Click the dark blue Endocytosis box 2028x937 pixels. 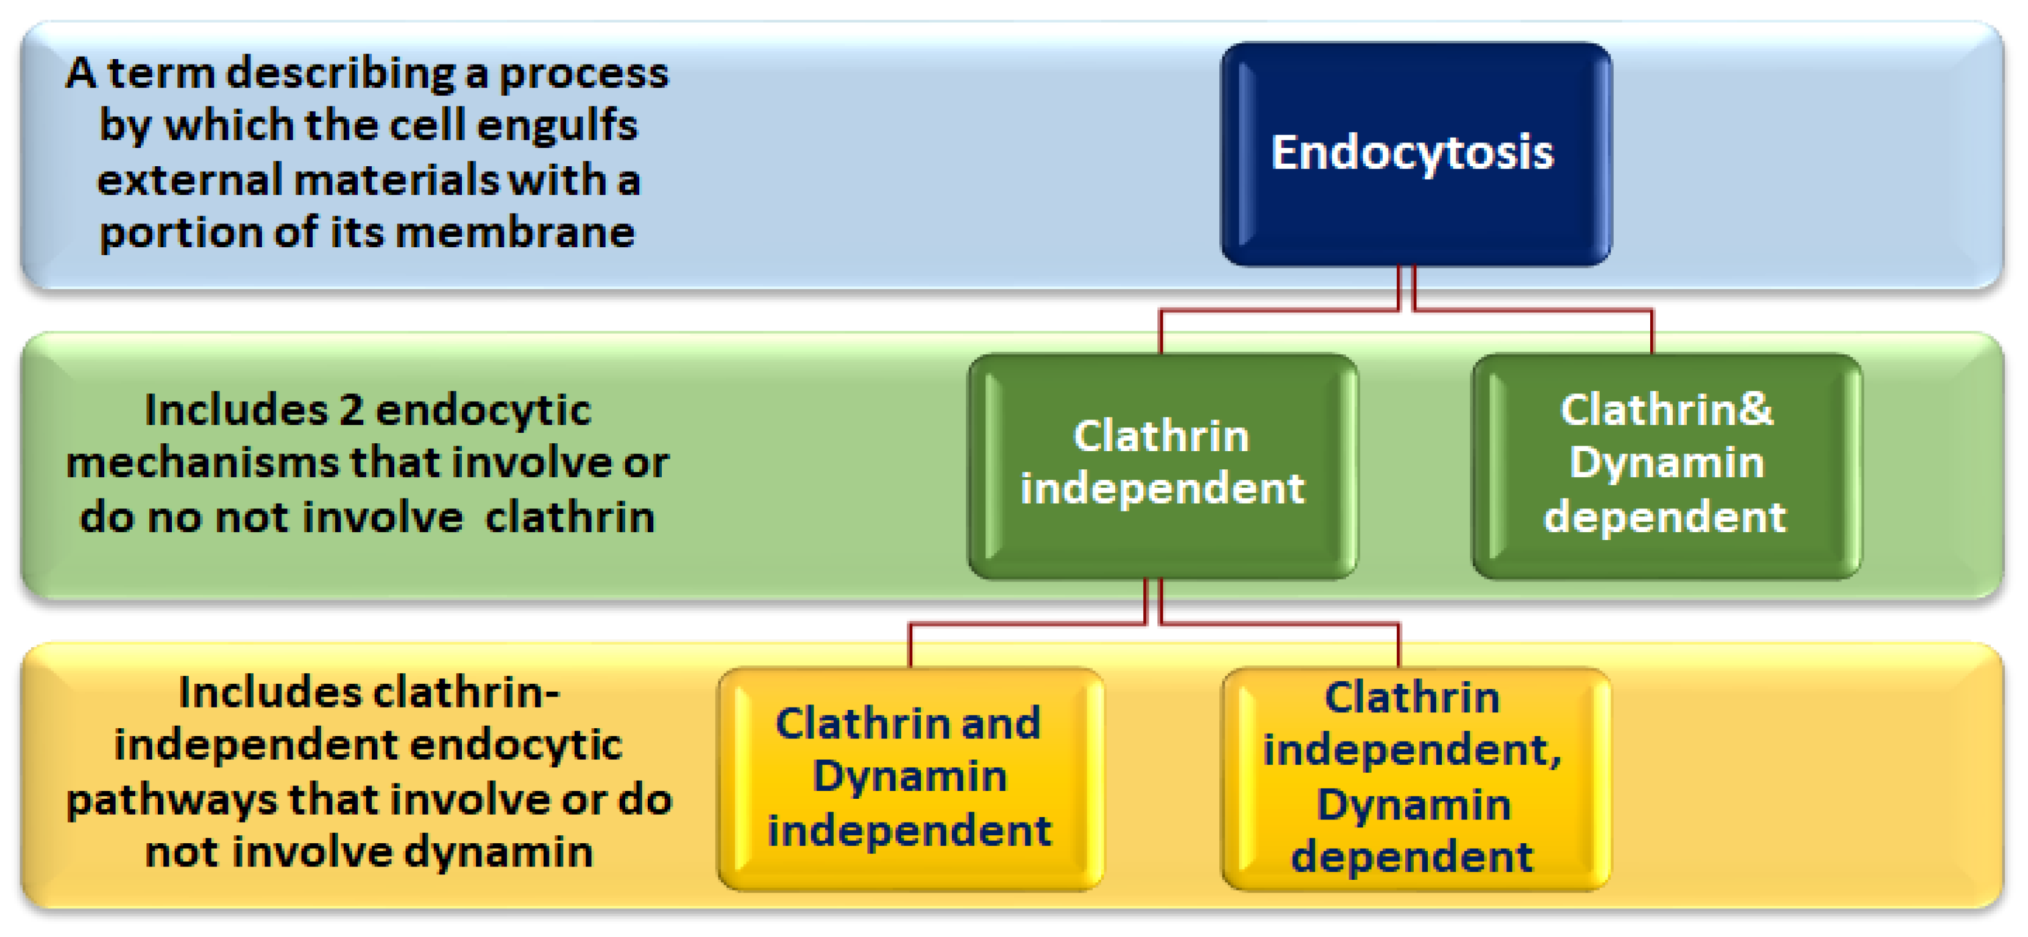[x=1415, y=153]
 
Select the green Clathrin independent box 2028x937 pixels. [x=1162, y=466]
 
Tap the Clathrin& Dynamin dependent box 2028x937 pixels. [x=1666, y=466]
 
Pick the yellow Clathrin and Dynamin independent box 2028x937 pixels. [x=910, y=779]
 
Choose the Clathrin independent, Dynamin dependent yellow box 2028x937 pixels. [x=1415, y=779]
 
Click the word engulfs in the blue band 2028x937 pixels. [x=558, y=126]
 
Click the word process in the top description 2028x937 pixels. [x=583, y=74]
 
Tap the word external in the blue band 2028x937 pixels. [x=189, y=180]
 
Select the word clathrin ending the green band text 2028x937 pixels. [x=569, y=518]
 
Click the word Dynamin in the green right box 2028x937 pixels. [x=1666, y=462]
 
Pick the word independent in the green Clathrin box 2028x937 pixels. [x=1162, y=490]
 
